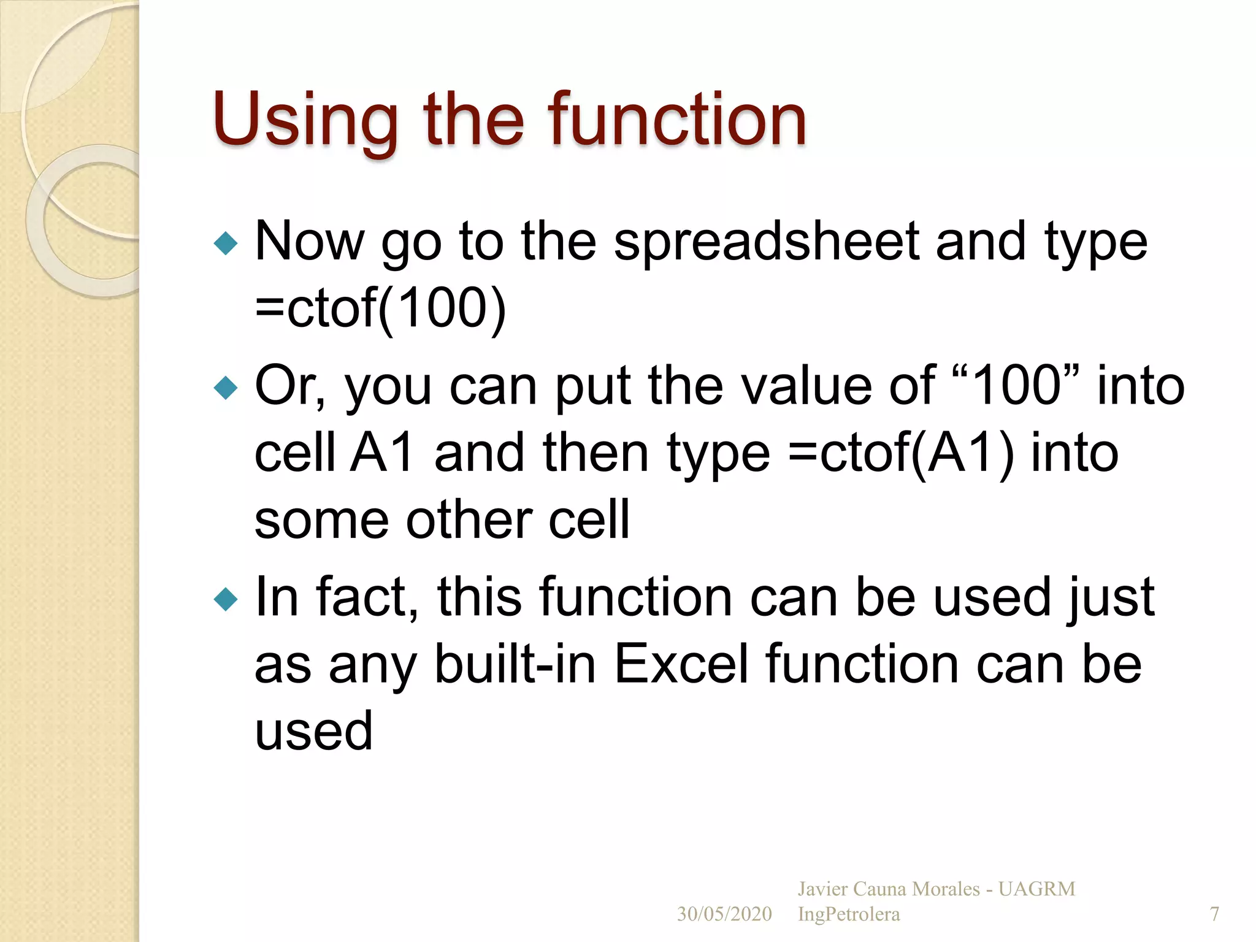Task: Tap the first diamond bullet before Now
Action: (x=226, y=243)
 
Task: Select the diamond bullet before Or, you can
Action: (x=226, y=388)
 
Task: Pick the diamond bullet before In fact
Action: (x=226, y=599)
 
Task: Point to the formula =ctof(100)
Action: (x=380, y=308)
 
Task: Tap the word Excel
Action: (x=681, y=665)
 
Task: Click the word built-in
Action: (x=515, y=665)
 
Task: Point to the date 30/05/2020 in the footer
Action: (x=724, y=914)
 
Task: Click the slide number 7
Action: (x=1214, y=914)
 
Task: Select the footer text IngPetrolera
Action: (x=849, y=914)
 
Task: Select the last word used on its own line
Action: (x=313, y=732)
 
